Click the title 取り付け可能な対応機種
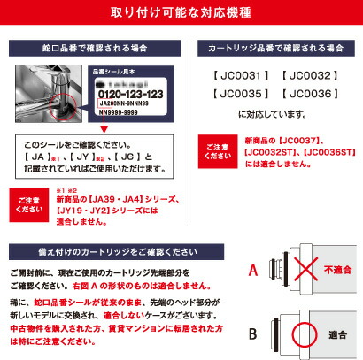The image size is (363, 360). click(x=181, y=15)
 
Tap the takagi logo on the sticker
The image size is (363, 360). click(x=134, y=80)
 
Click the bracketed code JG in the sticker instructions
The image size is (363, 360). click(x=126, y=157)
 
